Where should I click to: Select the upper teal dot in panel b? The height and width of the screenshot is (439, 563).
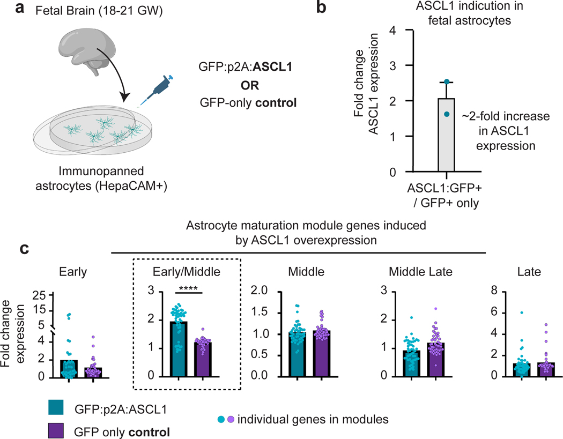point(446,82)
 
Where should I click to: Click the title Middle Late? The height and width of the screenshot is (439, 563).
point(420,272)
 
